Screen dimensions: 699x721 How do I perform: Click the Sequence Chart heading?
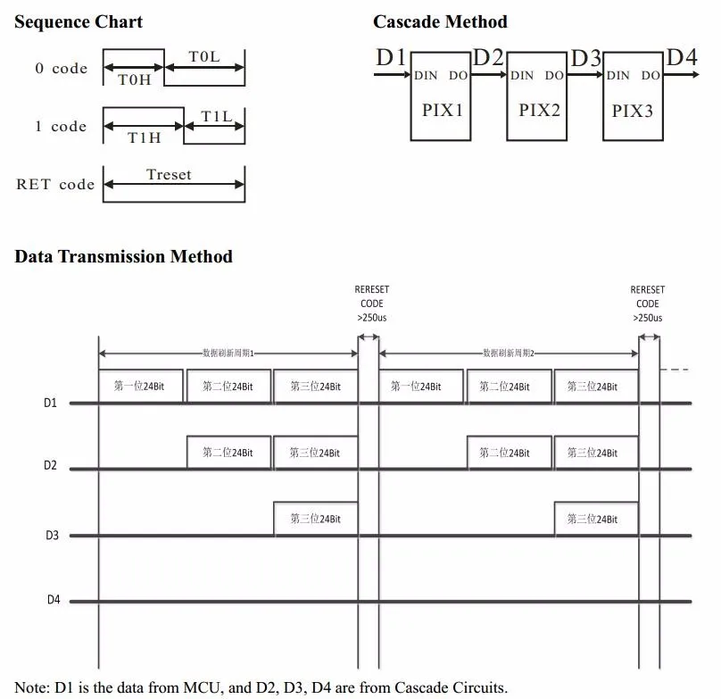[x=79, y=22]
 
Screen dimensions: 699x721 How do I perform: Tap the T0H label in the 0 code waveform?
[x=134, y=79]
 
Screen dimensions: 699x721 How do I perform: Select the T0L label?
[x=203, y=57]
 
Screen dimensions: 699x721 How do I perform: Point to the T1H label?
[x=143, y=137]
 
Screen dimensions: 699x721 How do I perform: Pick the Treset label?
[x=169, y=175]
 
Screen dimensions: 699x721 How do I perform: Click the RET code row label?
[x=55, y=185]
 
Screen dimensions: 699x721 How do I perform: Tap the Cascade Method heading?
[x=440, y=22]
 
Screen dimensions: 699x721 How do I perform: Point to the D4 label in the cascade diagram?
[x=681, y=57]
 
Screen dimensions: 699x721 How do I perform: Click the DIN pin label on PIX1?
[x=426, y=76]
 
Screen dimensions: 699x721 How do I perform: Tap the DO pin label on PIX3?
[x=651, y=76]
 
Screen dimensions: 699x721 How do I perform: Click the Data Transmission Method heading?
[x=123, y=257]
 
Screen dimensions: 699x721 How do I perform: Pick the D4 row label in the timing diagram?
[x=54, y=600]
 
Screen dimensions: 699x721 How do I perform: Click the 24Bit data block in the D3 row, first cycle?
[x=314, y=519]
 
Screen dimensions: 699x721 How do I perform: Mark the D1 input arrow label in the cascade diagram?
[x=391, y=58]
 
